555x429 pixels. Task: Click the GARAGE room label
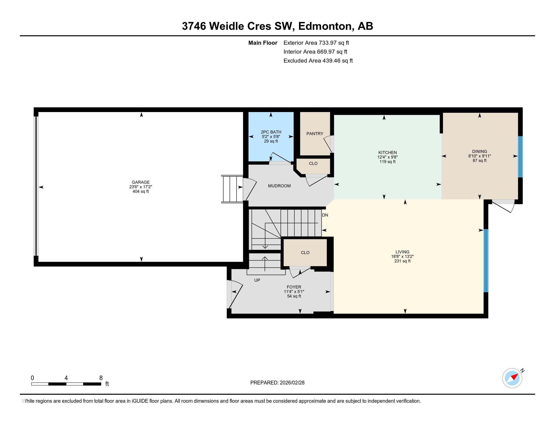click(141, 182)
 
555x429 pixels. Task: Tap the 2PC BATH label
click(271, 132)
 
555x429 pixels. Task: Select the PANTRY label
click(315, 134)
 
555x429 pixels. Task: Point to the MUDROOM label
click(279, 186)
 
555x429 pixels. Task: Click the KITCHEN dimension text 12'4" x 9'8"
click(387, 157)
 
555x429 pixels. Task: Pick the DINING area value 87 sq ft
click(480, 160)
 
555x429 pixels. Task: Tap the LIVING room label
click(402, 252)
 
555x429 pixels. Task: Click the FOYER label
click(294, 287)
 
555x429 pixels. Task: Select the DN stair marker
click(325, 215)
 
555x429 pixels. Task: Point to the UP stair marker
click(257, 280)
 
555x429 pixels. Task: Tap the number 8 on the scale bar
click(101, 378)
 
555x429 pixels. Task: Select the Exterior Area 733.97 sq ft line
click(316, 43)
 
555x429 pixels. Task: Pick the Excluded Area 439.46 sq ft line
click(318, 61)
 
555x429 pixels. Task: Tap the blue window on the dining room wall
click(520, 156)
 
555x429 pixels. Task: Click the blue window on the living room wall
click(486, 261)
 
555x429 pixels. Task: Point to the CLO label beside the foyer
click(305, 252)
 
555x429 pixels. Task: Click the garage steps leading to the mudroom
click(232, 189)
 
